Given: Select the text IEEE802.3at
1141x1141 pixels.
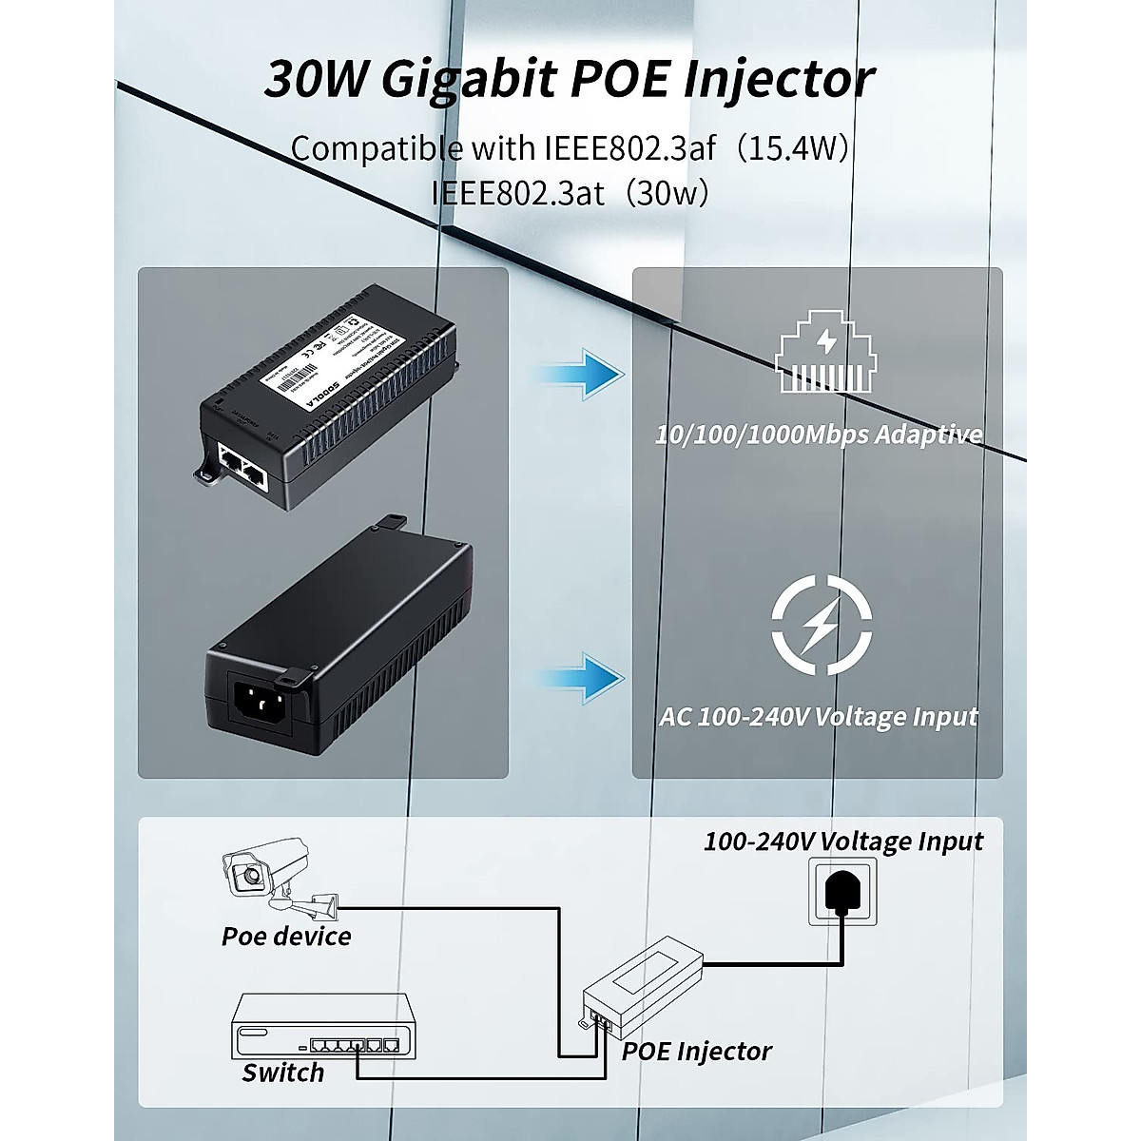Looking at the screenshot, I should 518,193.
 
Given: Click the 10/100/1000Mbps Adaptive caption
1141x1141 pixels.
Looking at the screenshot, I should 819,435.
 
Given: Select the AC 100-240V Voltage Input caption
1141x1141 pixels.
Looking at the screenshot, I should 819,716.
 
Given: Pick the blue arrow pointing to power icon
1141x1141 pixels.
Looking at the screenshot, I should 582,678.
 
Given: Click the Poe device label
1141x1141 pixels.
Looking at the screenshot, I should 286,937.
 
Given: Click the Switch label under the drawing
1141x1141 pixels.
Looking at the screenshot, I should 282,1073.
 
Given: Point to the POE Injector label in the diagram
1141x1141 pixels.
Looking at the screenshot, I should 696,1051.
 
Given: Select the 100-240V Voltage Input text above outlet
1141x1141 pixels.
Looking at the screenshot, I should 842,841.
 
